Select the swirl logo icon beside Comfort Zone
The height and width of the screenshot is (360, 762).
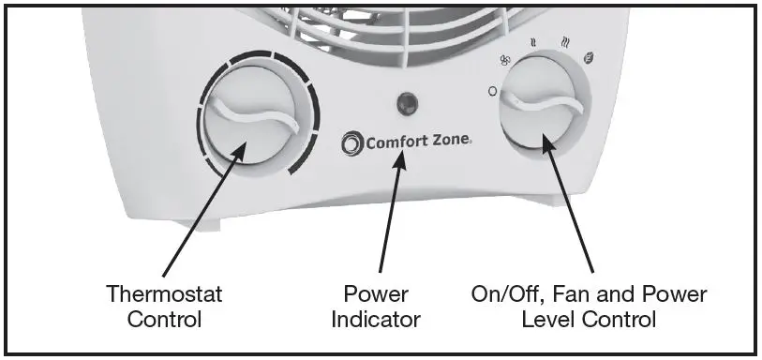351,142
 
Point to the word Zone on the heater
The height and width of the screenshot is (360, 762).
449,143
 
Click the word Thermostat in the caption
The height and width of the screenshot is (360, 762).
164,294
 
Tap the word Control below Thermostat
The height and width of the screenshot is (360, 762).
164,320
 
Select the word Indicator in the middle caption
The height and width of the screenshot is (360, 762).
377,320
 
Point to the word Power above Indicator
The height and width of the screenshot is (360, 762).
377,294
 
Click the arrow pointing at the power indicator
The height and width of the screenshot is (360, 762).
390,216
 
